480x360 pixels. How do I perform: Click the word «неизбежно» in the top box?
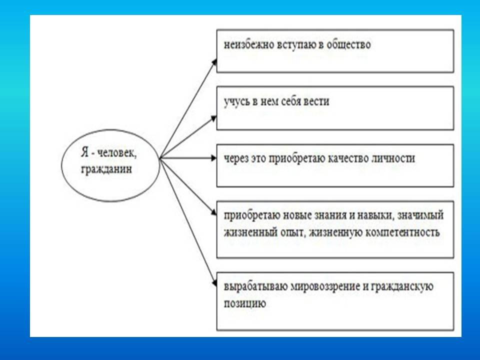(249, 44)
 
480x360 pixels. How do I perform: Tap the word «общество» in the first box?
(348, 44)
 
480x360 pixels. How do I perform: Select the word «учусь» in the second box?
(237, 101)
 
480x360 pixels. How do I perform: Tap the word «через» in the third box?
(236, 159)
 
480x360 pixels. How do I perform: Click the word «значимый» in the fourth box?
(420, 215)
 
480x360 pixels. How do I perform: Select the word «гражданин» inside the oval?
(106, 169)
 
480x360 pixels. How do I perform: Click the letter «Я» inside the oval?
(85, 152)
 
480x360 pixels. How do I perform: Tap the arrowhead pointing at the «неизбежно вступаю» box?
(214, 62)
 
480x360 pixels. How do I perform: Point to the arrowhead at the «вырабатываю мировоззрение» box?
(215, 283)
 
